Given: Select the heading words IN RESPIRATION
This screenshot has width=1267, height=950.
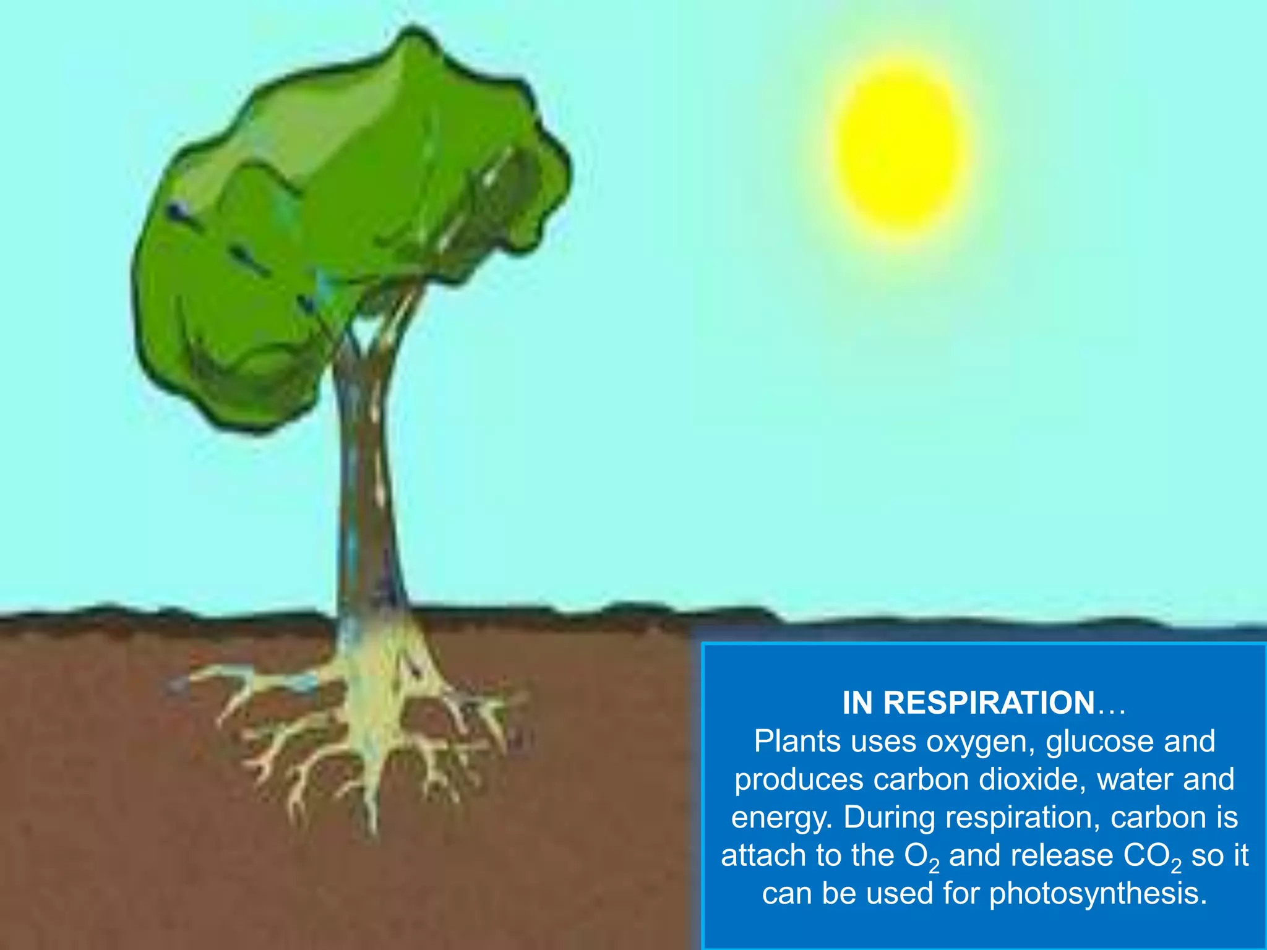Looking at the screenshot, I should [968, 703].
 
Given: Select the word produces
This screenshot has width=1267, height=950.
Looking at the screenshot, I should [798, 780].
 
